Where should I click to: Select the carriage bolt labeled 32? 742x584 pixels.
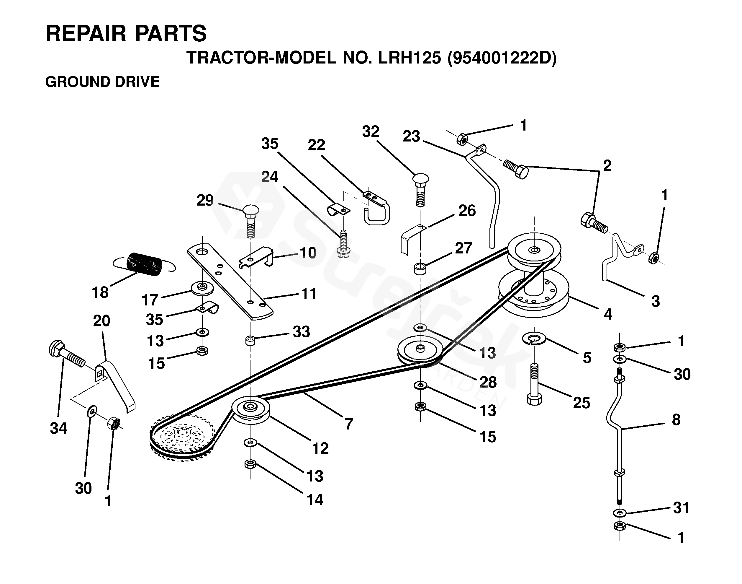(421, 189)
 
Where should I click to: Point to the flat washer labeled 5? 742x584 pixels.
(534, 339)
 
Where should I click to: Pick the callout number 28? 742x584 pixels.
(488, 382)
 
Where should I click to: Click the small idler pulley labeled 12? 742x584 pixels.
(251, 410)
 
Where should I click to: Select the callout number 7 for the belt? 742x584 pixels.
(348, 424)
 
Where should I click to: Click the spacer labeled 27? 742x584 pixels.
(420, 269)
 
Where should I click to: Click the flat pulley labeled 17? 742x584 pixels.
(202, 288)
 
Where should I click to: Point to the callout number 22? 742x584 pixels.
(316, 145)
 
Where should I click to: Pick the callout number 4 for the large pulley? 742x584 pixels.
(608, 314)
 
